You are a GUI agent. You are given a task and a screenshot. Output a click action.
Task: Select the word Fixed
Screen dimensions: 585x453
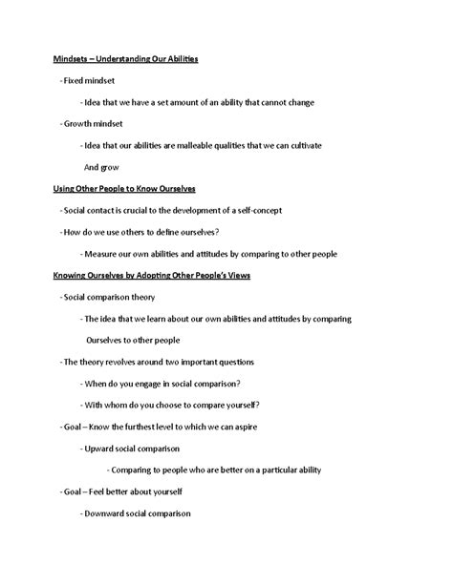(x=75, y=81)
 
